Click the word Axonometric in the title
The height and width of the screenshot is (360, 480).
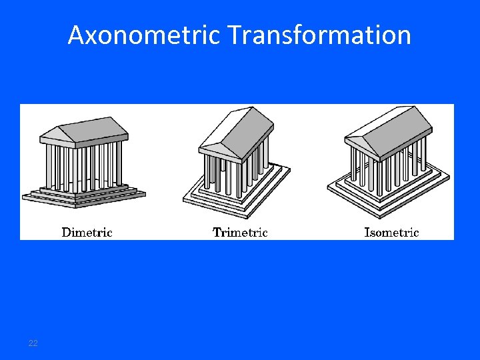pyautogui.click(x=143, y=35)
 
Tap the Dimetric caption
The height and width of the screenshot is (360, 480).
pyautogui.click(x=87, y=233)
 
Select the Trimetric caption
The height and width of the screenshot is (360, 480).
pyautogui.click(x=240, y=233)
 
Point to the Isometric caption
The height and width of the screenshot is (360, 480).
pyautogui.click(x=391, y=233)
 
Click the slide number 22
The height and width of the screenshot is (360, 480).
pyautogui.click(x=33, y=343)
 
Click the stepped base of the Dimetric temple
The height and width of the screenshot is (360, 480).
pyautogui.click(x=83, y=195)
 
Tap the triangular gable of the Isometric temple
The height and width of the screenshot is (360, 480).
pyautogui.click(x=360, y=144)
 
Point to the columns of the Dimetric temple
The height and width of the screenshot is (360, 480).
pyautogui.click(x=83, y=167)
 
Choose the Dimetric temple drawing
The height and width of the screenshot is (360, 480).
pyautogui.click(x=83, y=160)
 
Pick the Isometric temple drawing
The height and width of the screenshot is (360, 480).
pyautogui.click(x=389, y=160)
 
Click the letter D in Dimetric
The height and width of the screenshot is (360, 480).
pyautogui.click(x=67, y=233)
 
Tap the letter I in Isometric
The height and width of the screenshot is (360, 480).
pyautogui.click(x=367, y=233)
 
